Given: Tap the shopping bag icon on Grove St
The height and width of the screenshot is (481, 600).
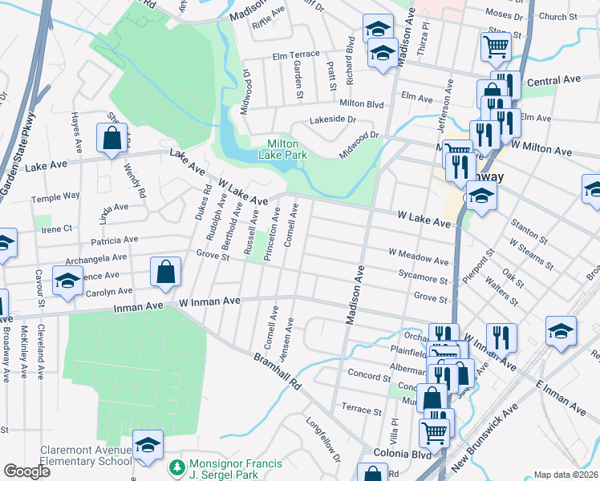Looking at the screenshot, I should click(x=164, y=271).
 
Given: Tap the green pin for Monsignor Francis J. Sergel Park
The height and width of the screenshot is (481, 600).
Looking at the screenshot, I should click(x=176, y=466).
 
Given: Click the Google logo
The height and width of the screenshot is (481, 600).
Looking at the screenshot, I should click(x=26, y=471).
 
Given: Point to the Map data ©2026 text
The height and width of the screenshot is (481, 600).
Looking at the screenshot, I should click(x=566, y=475).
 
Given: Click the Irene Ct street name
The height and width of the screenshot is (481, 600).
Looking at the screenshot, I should click(x=56, y=228).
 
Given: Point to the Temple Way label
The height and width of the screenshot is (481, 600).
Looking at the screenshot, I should click(x=55, y=196).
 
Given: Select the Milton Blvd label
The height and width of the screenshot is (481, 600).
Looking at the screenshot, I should click(x=362, y=103).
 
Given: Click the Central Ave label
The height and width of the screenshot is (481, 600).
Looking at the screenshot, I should click(x=553, y=81).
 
